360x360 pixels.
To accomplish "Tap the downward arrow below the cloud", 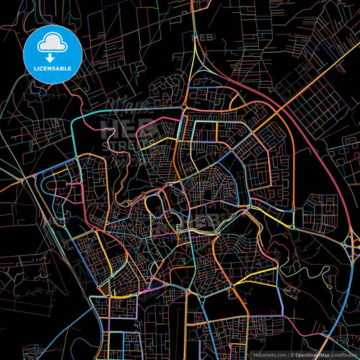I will tap(51, 57).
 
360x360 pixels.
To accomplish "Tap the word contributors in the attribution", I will tap(343, 354).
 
